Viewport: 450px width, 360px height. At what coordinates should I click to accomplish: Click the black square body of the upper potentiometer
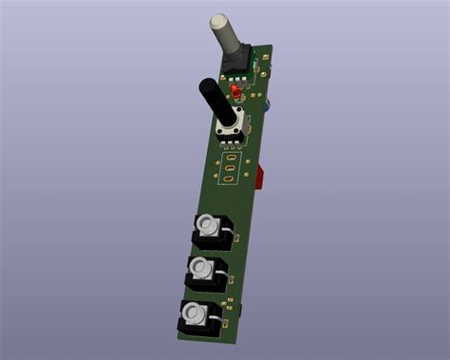tap(234, 63)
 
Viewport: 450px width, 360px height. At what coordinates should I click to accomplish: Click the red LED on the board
tap(234, 92)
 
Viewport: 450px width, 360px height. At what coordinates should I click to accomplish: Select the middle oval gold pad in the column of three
tap(228, 169)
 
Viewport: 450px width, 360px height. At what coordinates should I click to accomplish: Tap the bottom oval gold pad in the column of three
tap(227, 180)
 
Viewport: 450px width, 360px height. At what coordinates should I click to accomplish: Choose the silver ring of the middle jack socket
tap(200, 269)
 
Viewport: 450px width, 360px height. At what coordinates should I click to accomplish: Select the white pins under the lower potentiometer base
tap(229, 141)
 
